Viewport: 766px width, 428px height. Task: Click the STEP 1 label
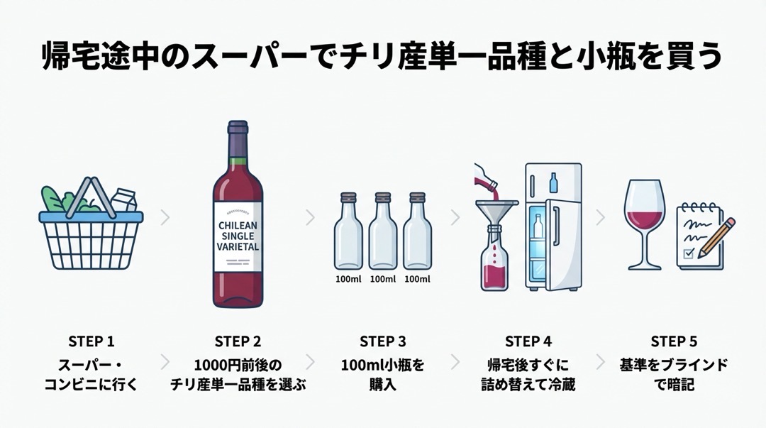[x=91, y=341]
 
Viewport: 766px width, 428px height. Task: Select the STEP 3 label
[x=382, y=341]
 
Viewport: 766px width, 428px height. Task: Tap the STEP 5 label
[x=674, y=341]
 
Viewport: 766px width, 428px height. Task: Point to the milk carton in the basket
[x=124, y=199]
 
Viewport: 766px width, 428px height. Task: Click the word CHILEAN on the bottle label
[x=238, y=226]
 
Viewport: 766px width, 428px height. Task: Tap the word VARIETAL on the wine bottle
[x=238, y=246]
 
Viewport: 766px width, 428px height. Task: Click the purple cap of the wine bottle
[x=238, y=139]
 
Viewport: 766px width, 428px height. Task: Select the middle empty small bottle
[x=382, y=231]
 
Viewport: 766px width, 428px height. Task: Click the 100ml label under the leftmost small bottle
[x=348, y=280]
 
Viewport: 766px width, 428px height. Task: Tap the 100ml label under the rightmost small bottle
[x=417, y=280]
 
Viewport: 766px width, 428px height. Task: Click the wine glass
[x=644, y=224]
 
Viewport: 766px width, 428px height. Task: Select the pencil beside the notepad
[x=716, y=238]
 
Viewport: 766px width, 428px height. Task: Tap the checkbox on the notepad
[x=689, y=253]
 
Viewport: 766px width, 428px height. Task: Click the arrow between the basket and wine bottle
[x=165, y=217]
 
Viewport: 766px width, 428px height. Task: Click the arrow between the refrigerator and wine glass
[x=601, y=217]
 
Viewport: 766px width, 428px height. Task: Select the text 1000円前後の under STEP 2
[x=238, y=365]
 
